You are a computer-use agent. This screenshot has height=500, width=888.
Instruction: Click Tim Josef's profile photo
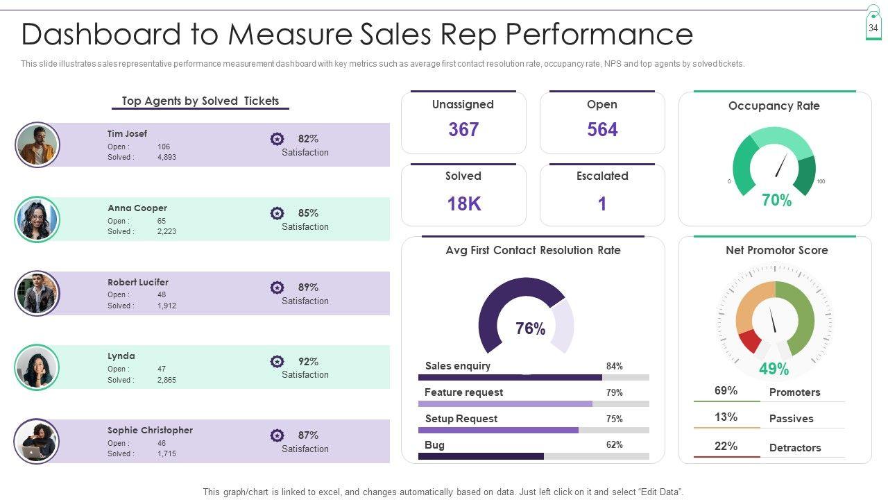(37, 145)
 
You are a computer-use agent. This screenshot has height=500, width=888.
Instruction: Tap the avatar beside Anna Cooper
(37, 219)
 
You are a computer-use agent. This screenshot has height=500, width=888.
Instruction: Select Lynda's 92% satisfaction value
(308, 361)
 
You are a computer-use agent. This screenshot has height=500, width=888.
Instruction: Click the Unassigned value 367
(463, 130)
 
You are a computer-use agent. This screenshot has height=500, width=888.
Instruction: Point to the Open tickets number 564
(602, 130)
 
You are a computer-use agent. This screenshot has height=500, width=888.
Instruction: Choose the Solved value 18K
(463, 203)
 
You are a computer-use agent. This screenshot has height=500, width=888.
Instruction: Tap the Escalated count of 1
(602, 203)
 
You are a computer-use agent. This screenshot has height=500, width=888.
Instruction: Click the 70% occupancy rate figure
(776, 201)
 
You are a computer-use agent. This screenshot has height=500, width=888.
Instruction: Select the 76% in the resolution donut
(530, 328)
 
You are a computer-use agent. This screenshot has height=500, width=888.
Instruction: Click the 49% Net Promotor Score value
(774, 369)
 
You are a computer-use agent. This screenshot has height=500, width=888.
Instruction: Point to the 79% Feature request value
(614, 392)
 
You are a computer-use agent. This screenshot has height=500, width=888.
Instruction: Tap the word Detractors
(795, 448)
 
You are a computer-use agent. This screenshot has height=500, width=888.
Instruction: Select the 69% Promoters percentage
(726, 391)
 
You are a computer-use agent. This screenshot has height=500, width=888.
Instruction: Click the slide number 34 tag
(873, 27)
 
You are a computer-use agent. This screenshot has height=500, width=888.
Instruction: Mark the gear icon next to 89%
(277, 287)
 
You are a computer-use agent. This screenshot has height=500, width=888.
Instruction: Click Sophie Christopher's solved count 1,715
(166, 453)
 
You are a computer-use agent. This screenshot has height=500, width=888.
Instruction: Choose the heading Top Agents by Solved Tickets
(200, 101)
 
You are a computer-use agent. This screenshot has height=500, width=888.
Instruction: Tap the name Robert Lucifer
(138, 282)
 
